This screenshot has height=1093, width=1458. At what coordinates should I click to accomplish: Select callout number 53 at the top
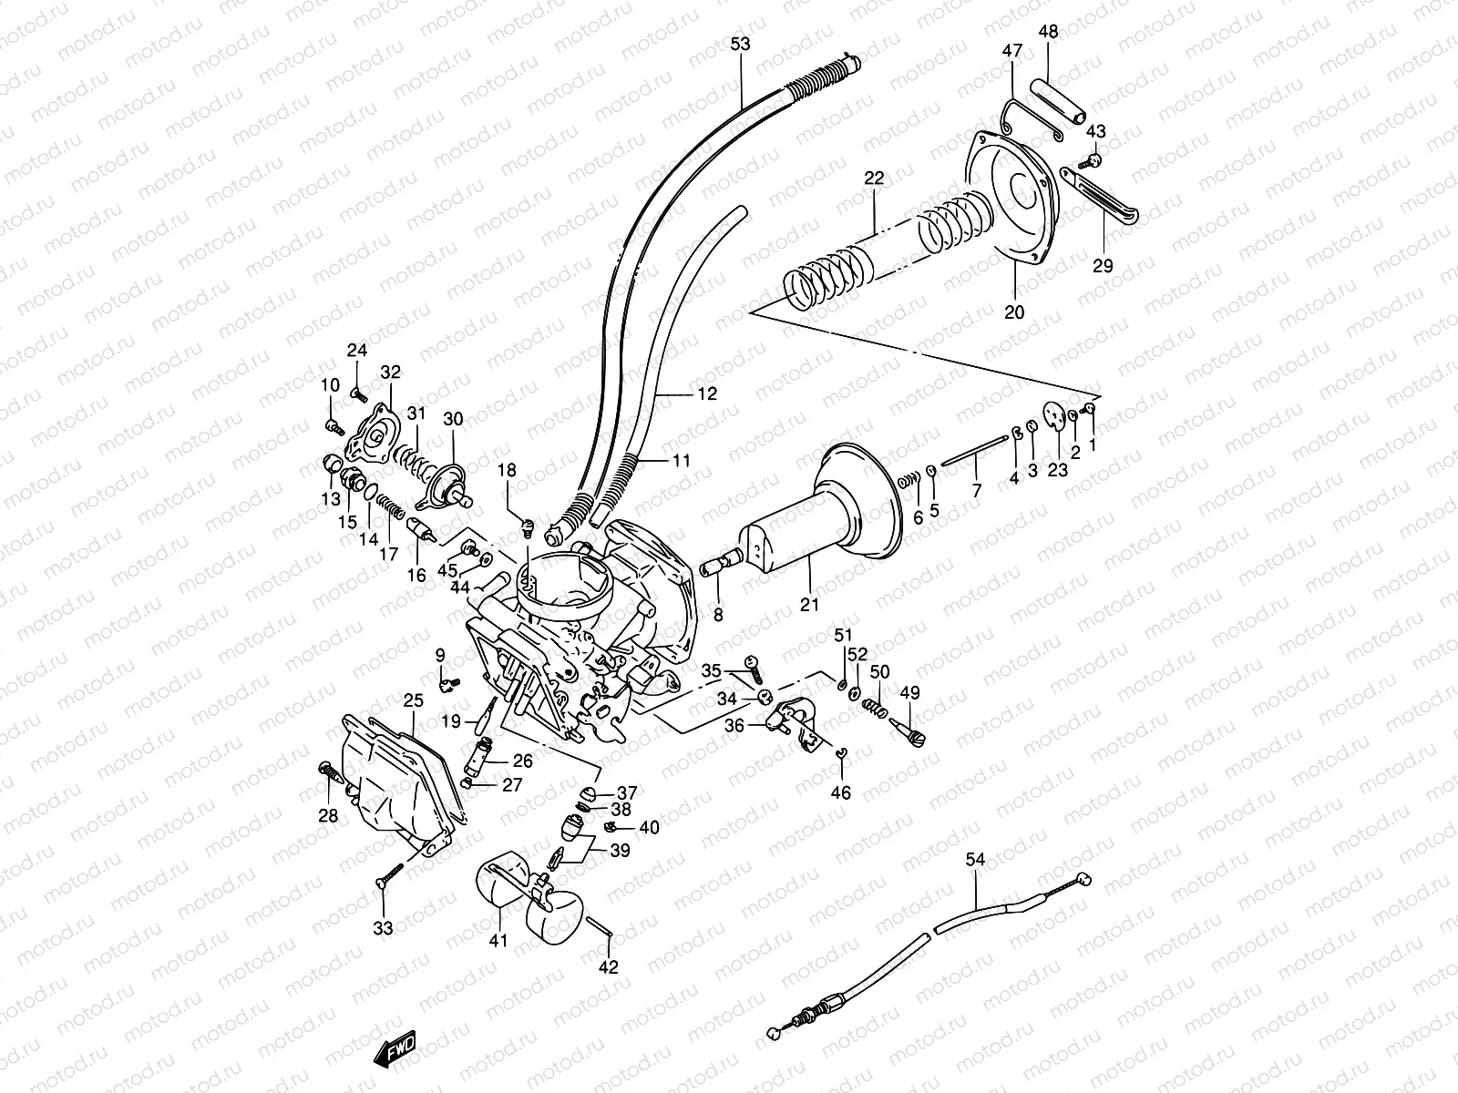[740, 43]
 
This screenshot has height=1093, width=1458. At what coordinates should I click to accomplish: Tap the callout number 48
[1048, 31]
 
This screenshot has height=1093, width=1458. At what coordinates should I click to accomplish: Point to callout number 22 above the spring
[874, 179]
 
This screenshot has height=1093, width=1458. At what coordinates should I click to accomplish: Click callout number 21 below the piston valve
[809, 604]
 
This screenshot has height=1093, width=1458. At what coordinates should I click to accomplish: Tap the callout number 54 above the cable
[976, 859]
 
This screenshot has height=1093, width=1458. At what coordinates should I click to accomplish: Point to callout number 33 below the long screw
[383, 928]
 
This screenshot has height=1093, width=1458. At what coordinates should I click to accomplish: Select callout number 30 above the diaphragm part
[454, 419]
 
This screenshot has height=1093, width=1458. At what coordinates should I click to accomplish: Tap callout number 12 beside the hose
[707, 394]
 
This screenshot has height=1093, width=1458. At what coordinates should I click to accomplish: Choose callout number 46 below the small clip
[840, 793]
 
